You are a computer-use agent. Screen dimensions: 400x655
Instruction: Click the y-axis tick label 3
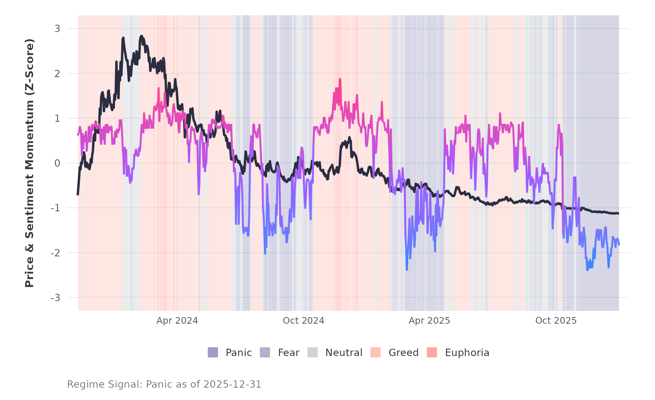click(x=57, y=29)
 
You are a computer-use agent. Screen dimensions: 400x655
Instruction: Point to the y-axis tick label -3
click(x=56, y=298)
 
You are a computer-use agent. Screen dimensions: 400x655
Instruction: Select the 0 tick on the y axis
click(x=57, y=163)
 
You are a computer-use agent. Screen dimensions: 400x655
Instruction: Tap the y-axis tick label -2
click(x=56, y=253)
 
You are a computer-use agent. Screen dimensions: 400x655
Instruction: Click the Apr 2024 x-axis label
click(x=177, y=321)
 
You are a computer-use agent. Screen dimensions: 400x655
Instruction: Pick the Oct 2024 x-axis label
click(x=303, y=321)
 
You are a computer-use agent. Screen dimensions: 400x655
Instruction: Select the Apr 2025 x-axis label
click(x=429, y=321)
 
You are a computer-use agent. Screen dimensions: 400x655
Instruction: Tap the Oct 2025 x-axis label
click(x=556, y=321)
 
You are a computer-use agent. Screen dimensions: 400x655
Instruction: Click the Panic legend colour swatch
click(x=213, y=352)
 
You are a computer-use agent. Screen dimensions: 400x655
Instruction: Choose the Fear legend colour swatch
click(x=265, y=352)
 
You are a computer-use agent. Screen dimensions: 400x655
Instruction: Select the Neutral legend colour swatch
click(x=313, y=352)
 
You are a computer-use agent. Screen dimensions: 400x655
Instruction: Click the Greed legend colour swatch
click(x=376, y=352)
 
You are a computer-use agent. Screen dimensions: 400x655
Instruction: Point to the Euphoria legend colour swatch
click(x=432, y=352)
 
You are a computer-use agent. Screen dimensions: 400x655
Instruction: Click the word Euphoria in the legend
click(x=467, y=353)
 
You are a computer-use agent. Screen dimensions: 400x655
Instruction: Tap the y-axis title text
click(x=29, y=163)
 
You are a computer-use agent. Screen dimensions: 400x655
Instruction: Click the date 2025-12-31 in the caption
click(x=233, y=384)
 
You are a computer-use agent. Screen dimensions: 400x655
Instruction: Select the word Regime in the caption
click(x=82, y=384)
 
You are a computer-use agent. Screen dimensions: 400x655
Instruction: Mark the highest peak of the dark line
click(x=141, y=36)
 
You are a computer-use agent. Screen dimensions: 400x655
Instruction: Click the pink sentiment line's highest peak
click(x=340, y=79)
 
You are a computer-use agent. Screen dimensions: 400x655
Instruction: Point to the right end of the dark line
click(x=618, y=213)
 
